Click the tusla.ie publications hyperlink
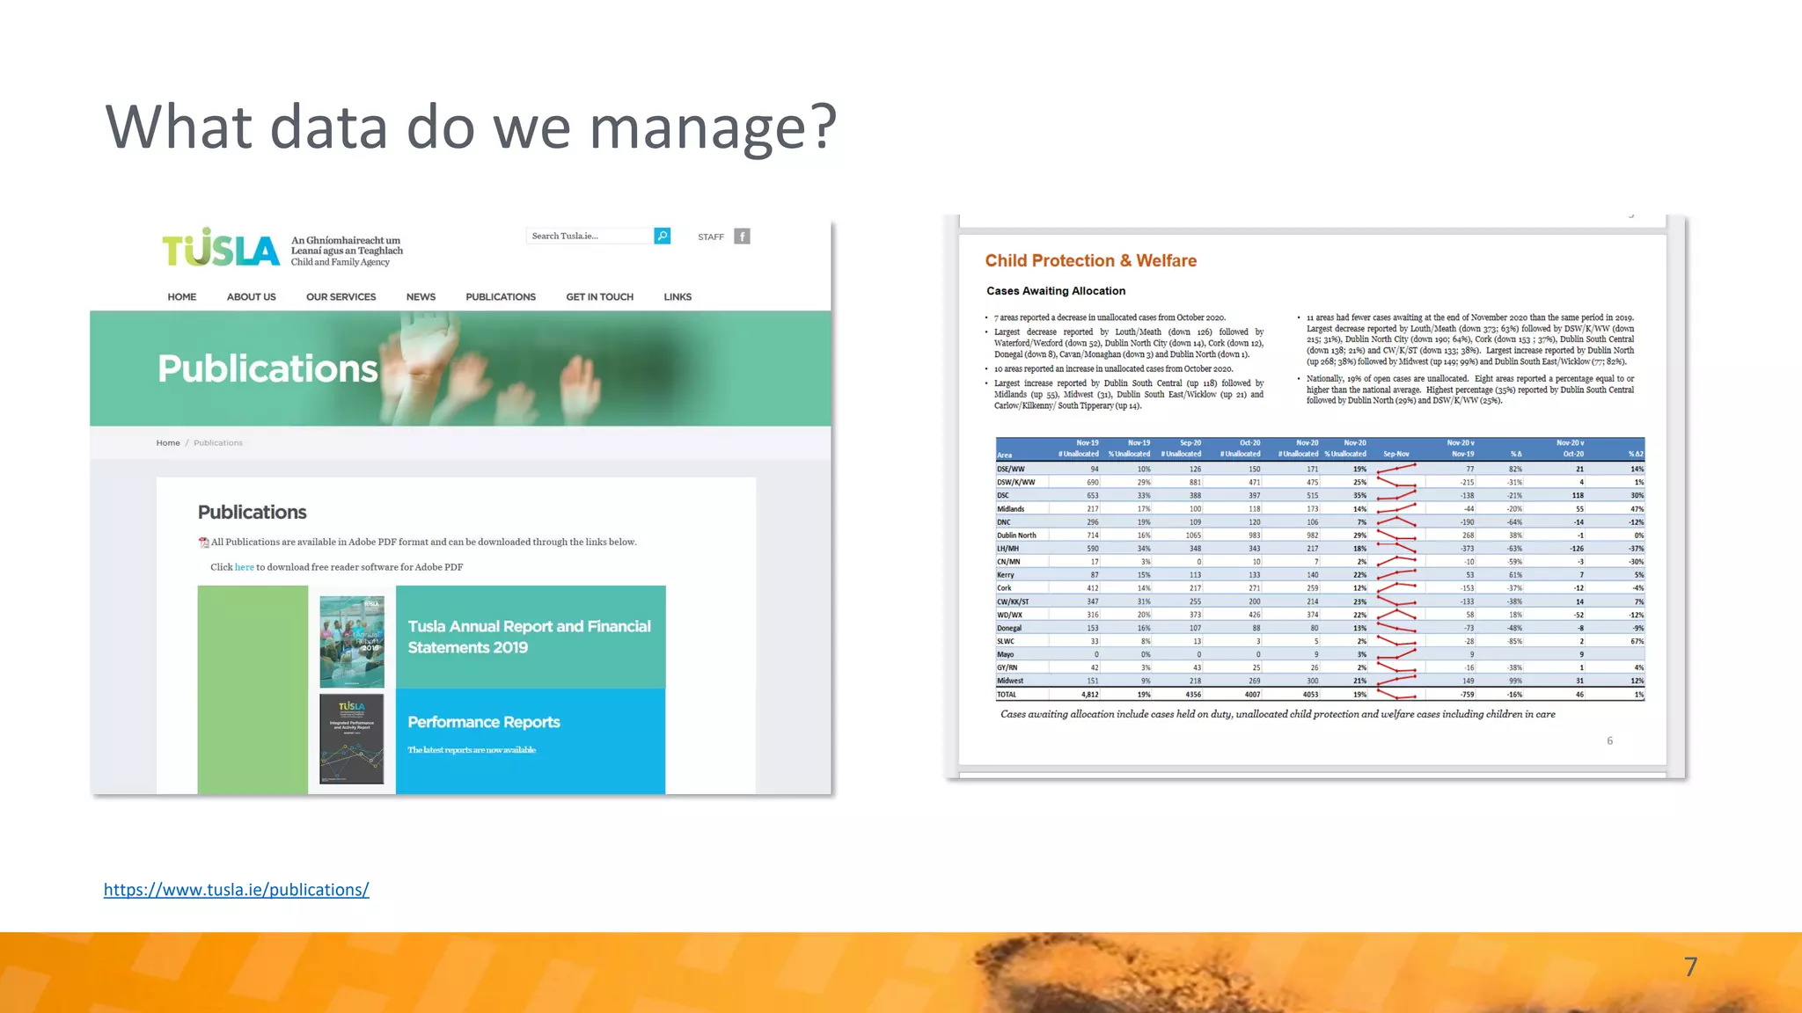[236, 890]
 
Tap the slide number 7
[1690, 967]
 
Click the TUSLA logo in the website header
[221, 249]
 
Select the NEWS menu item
[421, 297]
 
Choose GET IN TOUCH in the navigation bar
[599, 297]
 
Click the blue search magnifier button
[663, 236]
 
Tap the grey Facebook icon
[742, 237]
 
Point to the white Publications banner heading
[267, 368]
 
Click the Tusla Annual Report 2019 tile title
[529, 637]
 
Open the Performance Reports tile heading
[484, 722]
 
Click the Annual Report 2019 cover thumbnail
[352, 641]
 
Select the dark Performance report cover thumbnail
[352, 739]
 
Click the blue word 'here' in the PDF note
[244, 567]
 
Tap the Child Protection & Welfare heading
[1090, 261]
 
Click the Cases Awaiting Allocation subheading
[1055, 291]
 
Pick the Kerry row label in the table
[1006, 575]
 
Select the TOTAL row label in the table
[1007, 695]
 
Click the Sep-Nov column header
[1395, 454]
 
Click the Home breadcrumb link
[168, 443]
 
